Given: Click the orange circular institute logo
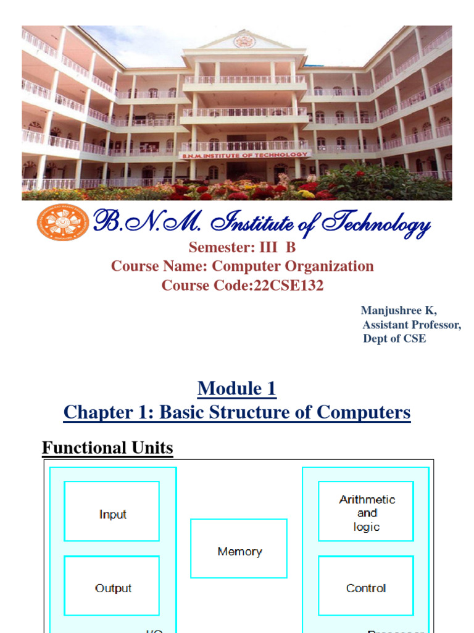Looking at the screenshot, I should point(63,223).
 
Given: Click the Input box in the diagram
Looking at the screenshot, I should point(112,511).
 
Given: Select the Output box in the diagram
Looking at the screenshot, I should point(112,585).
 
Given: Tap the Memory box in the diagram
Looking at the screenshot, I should point(239,548).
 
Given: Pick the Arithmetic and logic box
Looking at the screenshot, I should point(367,511).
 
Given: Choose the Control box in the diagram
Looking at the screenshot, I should point(367,585).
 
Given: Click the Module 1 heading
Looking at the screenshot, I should point(237,389).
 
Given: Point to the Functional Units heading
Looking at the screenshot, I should point(107,448).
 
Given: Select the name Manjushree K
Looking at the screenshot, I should point(399,311).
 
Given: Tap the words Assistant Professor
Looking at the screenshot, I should point(411,325).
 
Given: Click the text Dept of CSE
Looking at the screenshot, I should point(394,338).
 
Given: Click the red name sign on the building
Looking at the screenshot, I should point(244,155).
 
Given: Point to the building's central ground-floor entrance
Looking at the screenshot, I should point(245,171).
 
